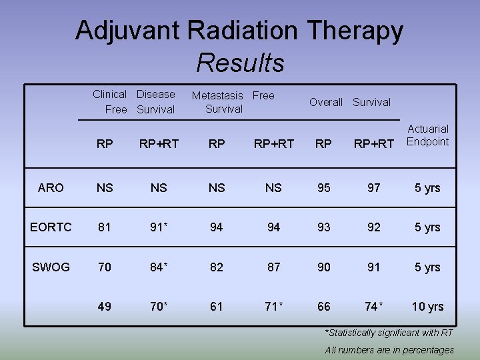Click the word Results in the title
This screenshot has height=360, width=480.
[240, 63]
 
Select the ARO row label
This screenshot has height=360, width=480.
[51, 188]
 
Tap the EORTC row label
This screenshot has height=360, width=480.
[51, 227]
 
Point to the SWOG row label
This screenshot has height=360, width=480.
[51, 267]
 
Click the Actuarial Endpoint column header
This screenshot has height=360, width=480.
[428, 135]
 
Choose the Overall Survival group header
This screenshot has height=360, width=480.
[350, 102]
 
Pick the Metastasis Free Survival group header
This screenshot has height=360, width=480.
[233, 102]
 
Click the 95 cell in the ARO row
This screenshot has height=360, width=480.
[323, 188]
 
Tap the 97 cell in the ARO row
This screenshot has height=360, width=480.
[374, 188]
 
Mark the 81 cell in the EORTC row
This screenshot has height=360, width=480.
[105, 227]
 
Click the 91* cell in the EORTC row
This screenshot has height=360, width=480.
[159, 227]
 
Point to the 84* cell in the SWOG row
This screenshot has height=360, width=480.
[159, 267]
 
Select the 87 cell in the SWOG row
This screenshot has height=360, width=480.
[273, 267]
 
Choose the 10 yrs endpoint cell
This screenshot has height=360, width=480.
[427, 307]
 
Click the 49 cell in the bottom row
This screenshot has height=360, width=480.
[105, 307]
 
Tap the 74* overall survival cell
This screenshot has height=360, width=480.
[374, 307]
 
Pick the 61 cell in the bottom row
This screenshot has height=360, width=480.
[217, 307]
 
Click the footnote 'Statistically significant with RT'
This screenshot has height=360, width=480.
[389, 333]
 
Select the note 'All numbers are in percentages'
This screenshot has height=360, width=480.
[389, 350]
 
